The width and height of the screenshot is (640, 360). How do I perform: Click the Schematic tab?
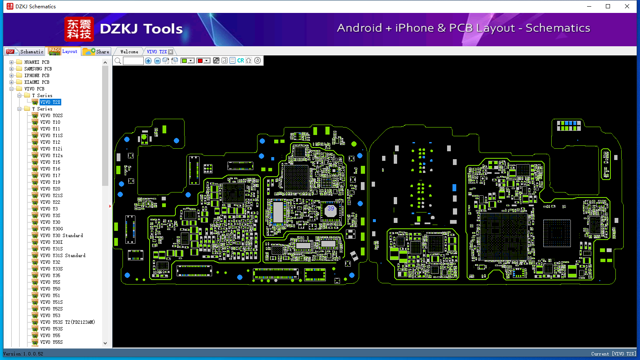coord(25,51)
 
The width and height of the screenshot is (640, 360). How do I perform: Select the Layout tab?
coord(63,51)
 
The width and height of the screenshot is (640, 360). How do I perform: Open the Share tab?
coord(96,52)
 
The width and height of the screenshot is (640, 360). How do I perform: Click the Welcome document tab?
coord(129,52)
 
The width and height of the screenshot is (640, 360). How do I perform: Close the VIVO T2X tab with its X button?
coord(170,52)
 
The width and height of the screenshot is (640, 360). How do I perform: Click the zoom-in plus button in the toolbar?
coord(148,60)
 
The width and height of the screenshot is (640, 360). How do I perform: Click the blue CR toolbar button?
coord(240,60)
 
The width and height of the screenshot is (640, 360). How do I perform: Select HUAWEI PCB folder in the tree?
coord(37,62)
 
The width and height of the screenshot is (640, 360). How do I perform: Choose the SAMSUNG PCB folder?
coord(38,69)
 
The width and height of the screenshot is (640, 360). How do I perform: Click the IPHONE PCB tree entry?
coord(37,75)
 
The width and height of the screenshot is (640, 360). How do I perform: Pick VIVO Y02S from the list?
coord(51,115)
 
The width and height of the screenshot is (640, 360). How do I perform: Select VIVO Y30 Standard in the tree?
coord(61,235)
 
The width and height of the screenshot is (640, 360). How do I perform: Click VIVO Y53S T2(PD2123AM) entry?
coord(67,322)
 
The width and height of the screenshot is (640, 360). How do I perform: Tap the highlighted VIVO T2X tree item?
coord(50,102)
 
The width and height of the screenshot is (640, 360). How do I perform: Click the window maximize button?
coord(608,6)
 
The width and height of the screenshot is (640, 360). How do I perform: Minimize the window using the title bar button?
coord(589,6)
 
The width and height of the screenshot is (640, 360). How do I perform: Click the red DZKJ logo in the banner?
coord(79,29)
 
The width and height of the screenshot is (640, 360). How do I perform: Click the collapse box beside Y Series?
coord(20,109)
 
